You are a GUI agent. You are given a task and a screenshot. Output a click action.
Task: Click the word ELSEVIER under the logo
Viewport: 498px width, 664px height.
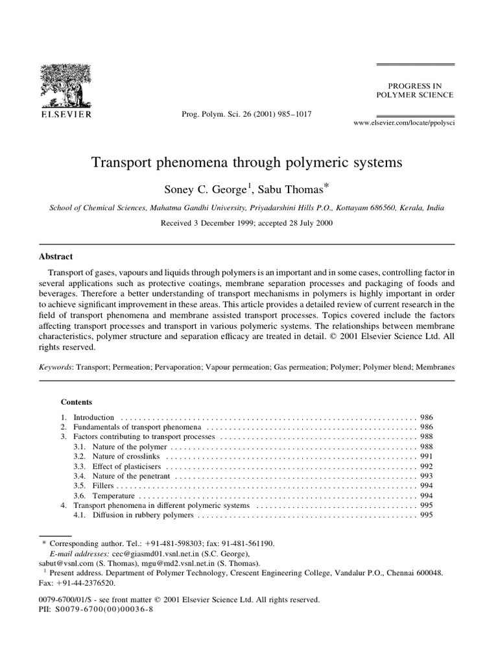67,114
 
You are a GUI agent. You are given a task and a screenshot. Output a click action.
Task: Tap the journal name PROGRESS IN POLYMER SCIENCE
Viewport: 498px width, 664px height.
415,89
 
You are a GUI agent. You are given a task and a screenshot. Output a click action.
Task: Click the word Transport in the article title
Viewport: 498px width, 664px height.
124,163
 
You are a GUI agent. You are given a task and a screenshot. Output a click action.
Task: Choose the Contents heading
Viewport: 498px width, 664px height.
77,401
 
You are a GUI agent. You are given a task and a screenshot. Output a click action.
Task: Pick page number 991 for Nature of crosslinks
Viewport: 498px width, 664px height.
427,456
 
